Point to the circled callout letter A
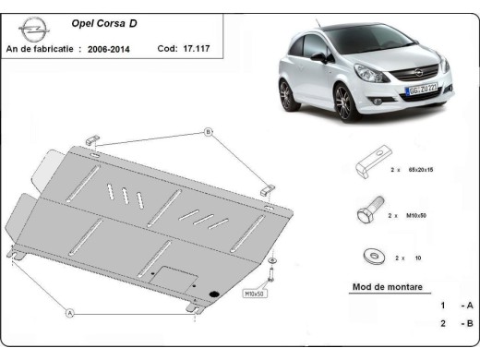69,313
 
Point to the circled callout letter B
209,133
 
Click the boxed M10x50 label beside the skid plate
254,294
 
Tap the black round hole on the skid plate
215,294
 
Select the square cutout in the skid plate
174,277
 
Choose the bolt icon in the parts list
364,215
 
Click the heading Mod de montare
388,287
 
